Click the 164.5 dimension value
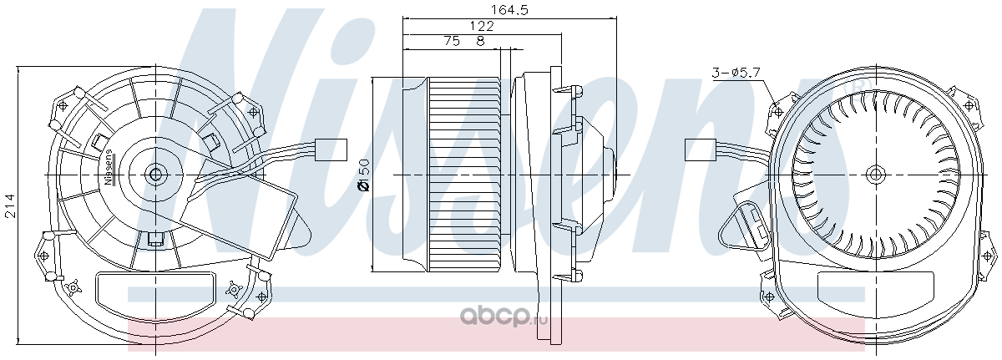(509, 10)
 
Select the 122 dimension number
(481, 26)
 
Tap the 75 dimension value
(452, 41)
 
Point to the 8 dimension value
(480, 41)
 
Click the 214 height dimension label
(10, 206)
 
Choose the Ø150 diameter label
(365, 175)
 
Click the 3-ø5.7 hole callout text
(736, 73)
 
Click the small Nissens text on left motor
(109, 167)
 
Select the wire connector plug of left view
(331, 150)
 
